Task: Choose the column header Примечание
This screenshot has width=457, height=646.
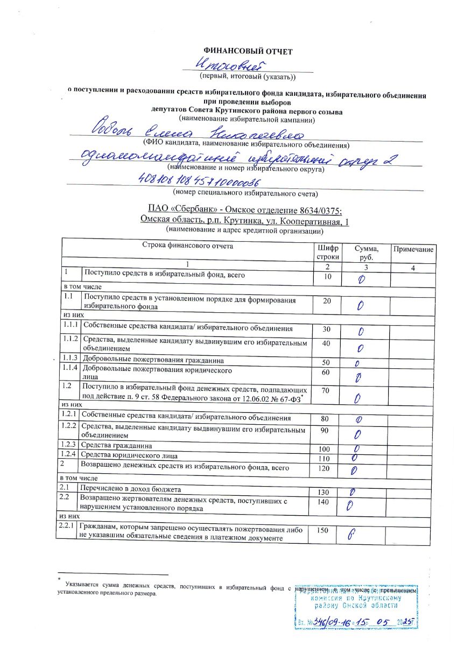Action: coord(413,250)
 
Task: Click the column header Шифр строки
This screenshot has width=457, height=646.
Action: coord(328,252)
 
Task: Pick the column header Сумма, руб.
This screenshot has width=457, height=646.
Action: coord(366,252)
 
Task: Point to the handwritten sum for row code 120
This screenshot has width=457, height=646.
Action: coord(354,471)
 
